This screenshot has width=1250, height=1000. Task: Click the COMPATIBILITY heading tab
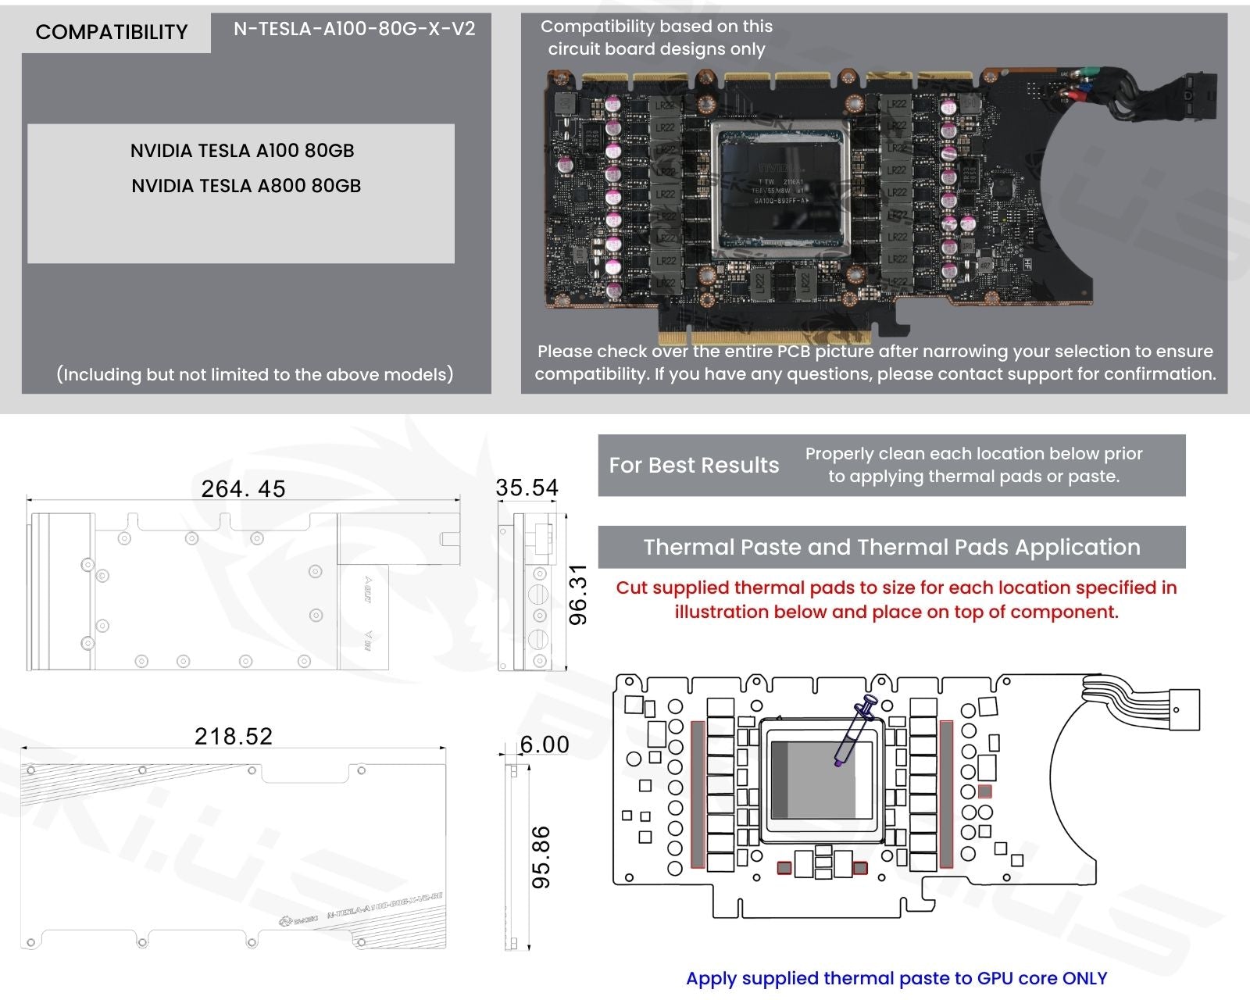[112, 32]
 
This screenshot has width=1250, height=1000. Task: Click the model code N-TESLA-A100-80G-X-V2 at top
[354, 29]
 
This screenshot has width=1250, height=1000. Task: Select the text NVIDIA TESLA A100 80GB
[242, 151]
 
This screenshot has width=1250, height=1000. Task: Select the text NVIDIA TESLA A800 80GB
[246, 186]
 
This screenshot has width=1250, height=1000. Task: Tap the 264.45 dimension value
[243, 489]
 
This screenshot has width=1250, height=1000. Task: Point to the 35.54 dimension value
[527, 488]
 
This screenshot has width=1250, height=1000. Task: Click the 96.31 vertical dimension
[577, 595]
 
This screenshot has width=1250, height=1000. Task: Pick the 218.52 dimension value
[234, 736]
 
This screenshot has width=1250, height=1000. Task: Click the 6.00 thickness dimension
[545, 745]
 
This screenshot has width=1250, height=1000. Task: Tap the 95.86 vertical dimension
[541, 857]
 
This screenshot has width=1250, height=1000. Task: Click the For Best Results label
[694, 466]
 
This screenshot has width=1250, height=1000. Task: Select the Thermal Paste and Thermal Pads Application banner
[891, 547]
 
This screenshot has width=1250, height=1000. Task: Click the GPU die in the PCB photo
[780, 190]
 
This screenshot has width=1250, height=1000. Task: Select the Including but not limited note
[255, 374]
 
